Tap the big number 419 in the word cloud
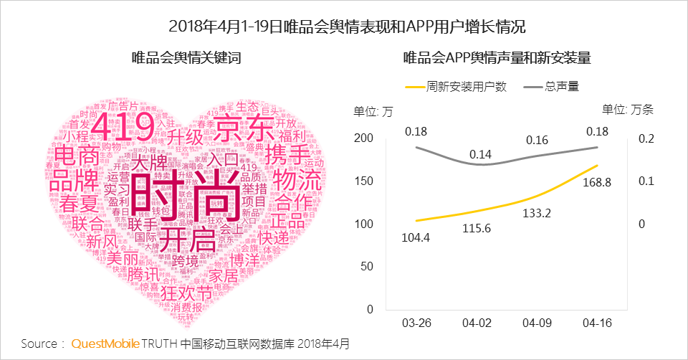123,127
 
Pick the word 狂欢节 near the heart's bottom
186,293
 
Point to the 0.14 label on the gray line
481,153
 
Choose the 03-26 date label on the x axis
416,323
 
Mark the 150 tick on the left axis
365,181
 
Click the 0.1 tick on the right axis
646,181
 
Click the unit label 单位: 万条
628,110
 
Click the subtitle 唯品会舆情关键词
186,58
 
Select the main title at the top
348,27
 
